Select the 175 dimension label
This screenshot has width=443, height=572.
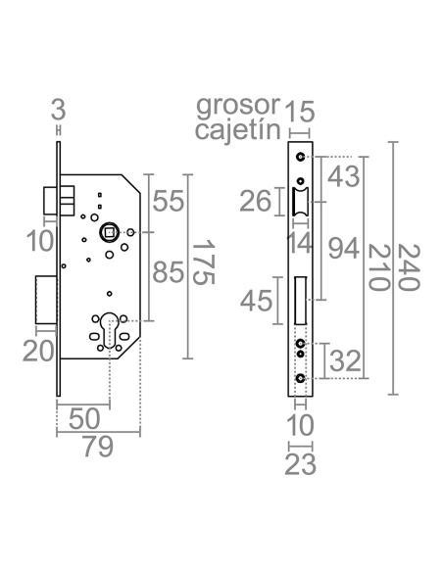[x=201, y=262]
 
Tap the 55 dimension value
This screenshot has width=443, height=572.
[x=169, y=202]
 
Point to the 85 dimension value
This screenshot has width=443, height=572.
[x=169, y=273]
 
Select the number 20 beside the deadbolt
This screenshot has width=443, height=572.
[x=37, y=350]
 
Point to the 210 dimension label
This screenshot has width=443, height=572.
[x=378, y=265]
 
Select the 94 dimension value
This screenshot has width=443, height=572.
[x=342, y=250]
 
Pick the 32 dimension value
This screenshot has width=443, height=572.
[x=344, y=360]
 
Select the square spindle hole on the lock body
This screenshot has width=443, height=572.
[x=110, y=232]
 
